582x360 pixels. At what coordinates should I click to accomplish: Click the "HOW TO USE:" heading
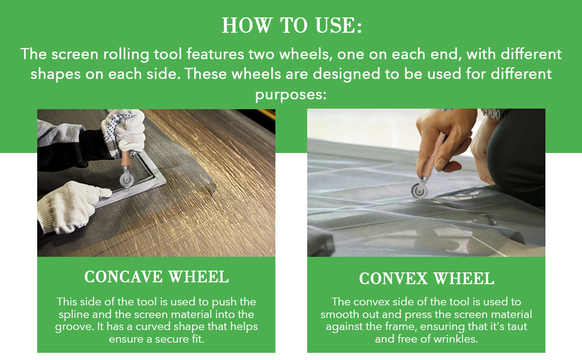pos(291,26)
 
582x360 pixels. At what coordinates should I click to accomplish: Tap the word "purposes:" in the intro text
pos(291,95)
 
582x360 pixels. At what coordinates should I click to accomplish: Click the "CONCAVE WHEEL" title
pos(156,277)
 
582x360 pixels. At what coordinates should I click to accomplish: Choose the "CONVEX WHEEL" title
pos(427,278)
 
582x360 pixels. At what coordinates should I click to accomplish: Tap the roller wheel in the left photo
pos(126,179)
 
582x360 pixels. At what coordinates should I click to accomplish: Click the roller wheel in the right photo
pos(419,190)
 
